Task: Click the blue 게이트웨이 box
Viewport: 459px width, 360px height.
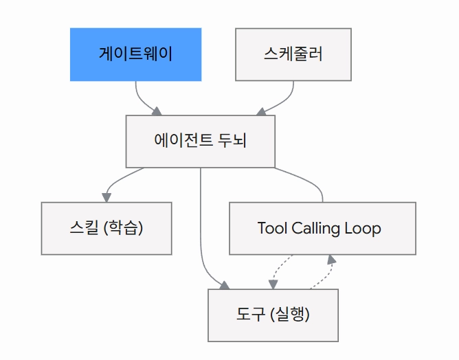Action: tap(136, 54)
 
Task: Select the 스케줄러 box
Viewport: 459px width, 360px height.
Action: tap(293, 54)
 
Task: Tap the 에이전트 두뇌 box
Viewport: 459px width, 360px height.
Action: tap(201, 142)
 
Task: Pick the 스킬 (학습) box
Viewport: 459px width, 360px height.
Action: tap(107, 228)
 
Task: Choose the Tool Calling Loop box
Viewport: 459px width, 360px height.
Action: tap(322, 228)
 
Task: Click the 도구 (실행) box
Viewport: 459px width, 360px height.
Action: tap(273, 315)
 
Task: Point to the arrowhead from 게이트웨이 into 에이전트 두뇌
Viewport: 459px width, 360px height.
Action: tap(157, 111)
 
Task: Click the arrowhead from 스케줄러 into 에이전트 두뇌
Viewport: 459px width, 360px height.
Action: tap(261, 111)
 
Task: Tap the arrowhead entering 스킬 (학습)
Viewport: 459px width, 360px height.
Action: tap(107, 198)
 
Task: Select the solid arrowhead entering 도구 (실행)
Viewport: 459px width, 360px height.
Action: tap(225, 285)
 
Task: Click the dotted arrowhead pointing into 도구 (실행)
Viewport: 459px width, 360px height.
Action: tap(273, 284)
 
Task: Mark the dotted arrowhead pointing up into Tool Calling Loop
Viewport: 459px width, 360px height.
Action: tap(332, 259)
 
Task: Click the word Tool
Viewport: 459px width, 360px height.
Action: tap(272, 228)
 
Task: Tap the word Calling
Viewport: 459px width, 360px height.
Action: tap(315, 229)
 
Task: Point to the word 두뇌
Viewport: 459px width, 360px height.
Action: tap(232, 140)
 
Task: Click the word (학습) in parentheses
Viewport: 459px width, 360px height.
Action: tap(123, 227)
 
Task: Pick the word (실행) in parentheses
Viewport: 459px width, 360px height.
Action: tap(290, 315)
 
